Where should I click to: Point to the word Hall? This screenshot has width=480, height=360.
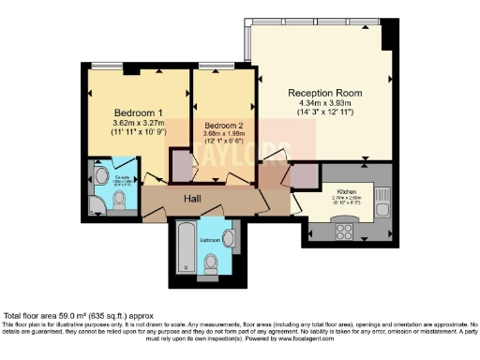pyautogui.click(x=193, y=199)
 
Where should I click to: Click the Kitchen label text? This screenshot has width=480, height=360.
pyautogui.click(x=348, y=190)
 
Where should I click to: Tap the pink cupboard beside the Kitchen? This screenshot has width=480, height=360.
pyautogui.click(x=303, y=177)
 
